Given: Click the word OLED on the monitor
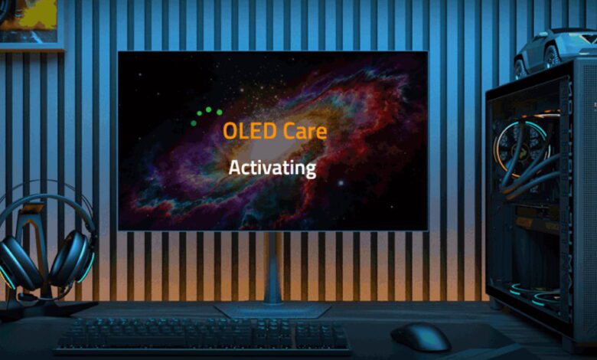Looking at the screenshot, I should click(243, 131).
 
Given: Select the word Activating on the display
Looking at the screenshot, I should click(272, 167).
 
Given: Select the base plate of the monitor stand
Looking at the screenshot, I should click(272, 310).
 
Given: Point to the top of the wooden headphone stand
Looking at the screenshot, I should click(32, 209).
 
